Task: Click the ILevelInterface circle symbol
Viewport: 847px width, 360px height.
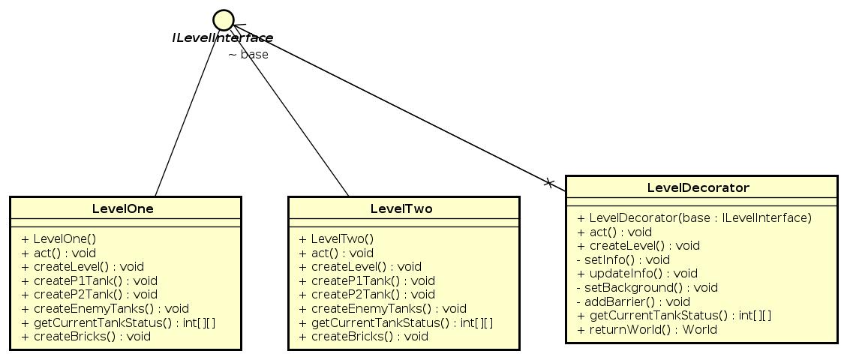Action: coord(223,19)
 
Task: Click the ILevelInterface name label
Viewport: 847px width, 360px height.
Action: coord(222,38)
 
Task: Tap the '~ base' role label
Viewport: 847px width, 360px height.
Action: coord(248,55)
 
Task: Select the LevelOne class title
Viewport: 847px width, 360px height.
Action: coord(123,209)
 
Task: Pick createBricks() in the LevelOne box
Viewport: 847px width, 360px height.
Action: coord(86,336)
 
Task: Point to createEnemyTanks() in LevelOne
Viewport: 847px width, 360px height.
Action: coord(105,308)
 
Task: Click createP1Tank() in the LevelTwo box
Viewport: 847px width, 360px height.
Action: coord(367,280)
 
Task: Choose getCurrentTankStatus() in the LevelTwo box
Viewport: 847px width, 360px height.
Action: coord(396,322)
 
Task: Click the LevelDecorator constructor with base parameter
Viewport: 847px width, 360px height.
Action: coord(694,217)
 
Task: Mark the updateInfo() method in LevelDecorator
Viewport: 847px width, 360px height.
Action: coord(637,274)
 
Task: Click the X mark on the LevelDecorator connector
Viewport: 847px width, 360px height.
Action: coord(548,182)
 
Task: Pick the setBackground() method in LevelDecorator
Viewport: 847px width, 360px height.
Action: coord(647,287)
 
